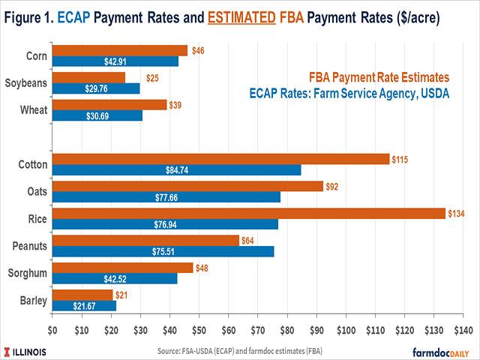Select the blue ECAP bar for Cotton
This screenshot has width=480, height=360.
point(176,170)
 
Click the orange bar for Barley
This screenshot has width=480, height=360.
point(82,295)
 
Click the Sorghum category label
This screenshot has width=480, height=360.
point(28,273)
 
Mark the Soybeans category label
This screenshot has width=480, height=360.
point(26,82)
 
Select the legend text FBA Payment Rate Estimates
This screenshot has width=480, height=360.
point(379,77)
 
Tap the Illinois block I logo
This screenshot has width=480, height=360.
point(8,351)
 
